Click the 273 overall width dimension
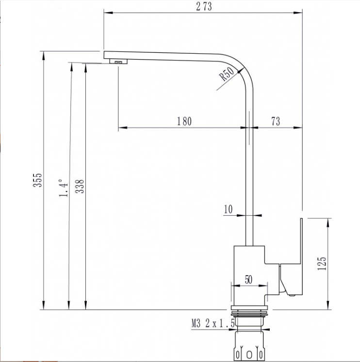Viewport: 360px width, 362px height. coord(204,6)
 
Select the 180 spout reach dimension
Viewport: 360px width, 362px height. coord(184,121)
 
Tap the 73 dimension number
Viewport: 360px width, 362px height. coord(276,121)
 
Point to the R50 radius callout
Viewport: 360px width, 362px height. coord(227,73)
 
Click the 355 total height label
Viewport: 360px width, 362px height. coord(37,180)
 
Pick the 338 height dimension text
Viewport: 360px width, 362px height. coord(80,186)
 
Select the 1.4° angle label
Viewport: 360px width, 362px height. coord(63,188)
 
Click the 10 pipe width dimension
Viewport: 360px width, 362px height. coord(228,209)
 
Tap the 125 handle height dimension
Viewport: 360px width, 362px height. coord(322,264)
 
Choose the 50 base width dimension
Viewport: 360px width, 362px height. coord(248,280)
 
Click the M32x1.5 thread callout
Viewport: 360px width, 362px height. coord(213,323)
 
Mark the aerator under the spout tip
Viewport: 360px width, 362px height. coord(118,62)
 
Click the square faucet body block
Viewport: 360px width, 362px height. coord(249,275)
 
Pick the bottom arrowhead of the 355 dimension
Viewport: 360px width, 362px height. coord(44,305)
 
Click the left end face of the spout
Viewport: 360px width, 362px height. coord(104,55)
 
